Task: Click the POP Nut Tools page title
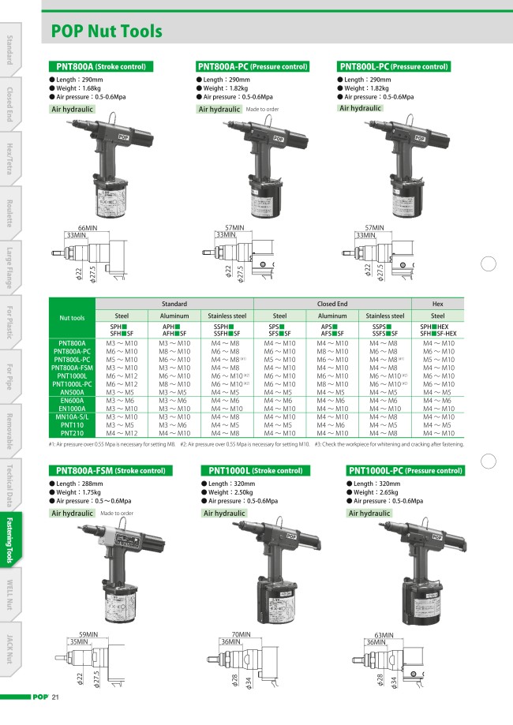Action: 107,32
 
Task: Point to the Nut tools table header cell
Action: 72,318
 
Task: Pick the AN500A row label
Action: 73,392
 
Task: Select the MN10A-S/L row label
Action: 73,417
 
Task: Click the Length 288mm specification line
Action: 76,483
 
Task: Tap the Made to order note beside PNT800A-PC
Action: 263,110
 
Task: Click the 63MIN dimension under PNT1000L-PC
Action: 384,634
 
